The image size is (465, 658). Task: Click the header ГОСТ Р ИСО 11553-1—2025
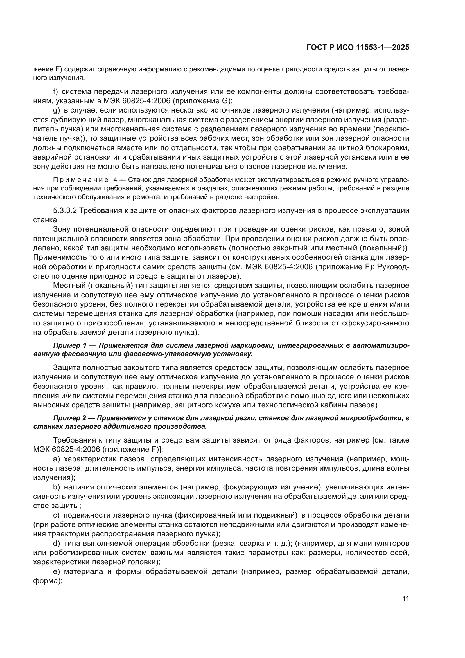pos(358,47)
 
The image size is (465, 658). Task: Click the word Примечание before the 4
pos(80,180)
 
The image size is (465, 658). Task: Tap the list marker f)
pos(56,92)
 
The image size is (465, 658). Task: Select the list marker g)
pos(57,110)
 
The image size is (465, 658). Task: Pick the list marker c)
pos(56,515)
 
